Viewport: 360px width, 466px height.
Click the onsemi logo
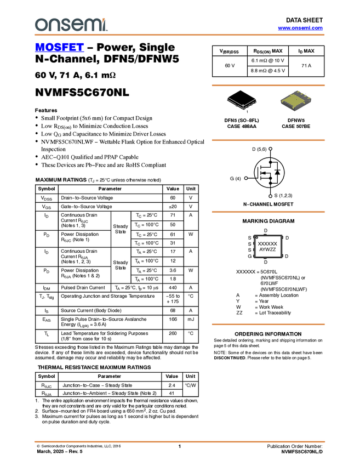click(x=71, y=25)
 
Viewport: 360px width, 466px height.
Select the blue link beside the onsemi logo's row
click(x=300, y=28)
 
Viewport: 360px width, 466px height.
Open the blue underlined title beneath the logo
click(x=59, y=48)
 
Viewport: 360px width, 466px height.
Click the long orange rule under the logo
click(x=179, y=35)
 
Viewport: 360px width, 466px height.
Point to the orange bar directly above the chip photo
click(x=268, y=86)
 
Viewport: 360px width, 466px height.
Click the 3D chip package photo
click(x=296, y=101)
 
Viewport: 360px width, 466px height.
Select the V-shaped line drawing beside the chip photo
click(x=242, y=103)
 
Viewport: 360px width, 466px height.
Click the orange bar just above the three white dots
click(x=268, y=140)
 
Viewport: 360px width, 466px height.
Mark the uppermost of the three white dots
click(x=271, y=149)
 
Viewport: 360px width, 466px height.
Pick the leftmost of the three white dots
click(x=246, y=178)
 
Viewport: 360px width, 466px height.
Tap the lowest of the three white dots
click(x=271, y=196)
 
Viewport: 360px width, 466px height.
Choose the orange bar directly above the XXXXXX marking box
click(x=268, y=212)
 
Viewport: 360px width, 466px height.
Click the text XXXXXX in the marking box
click(x=267, y=243)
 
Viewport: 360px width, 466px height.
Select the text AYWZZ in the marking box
click(x=267, y=249)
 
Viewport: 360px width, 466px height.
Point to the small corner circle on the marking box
click(x=256, y=237)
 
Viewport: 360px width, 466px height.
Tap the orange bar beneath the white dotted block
click(x=268, y=325)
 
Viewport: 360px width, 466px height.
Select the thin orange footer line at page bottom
click(x=179, y=441)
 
